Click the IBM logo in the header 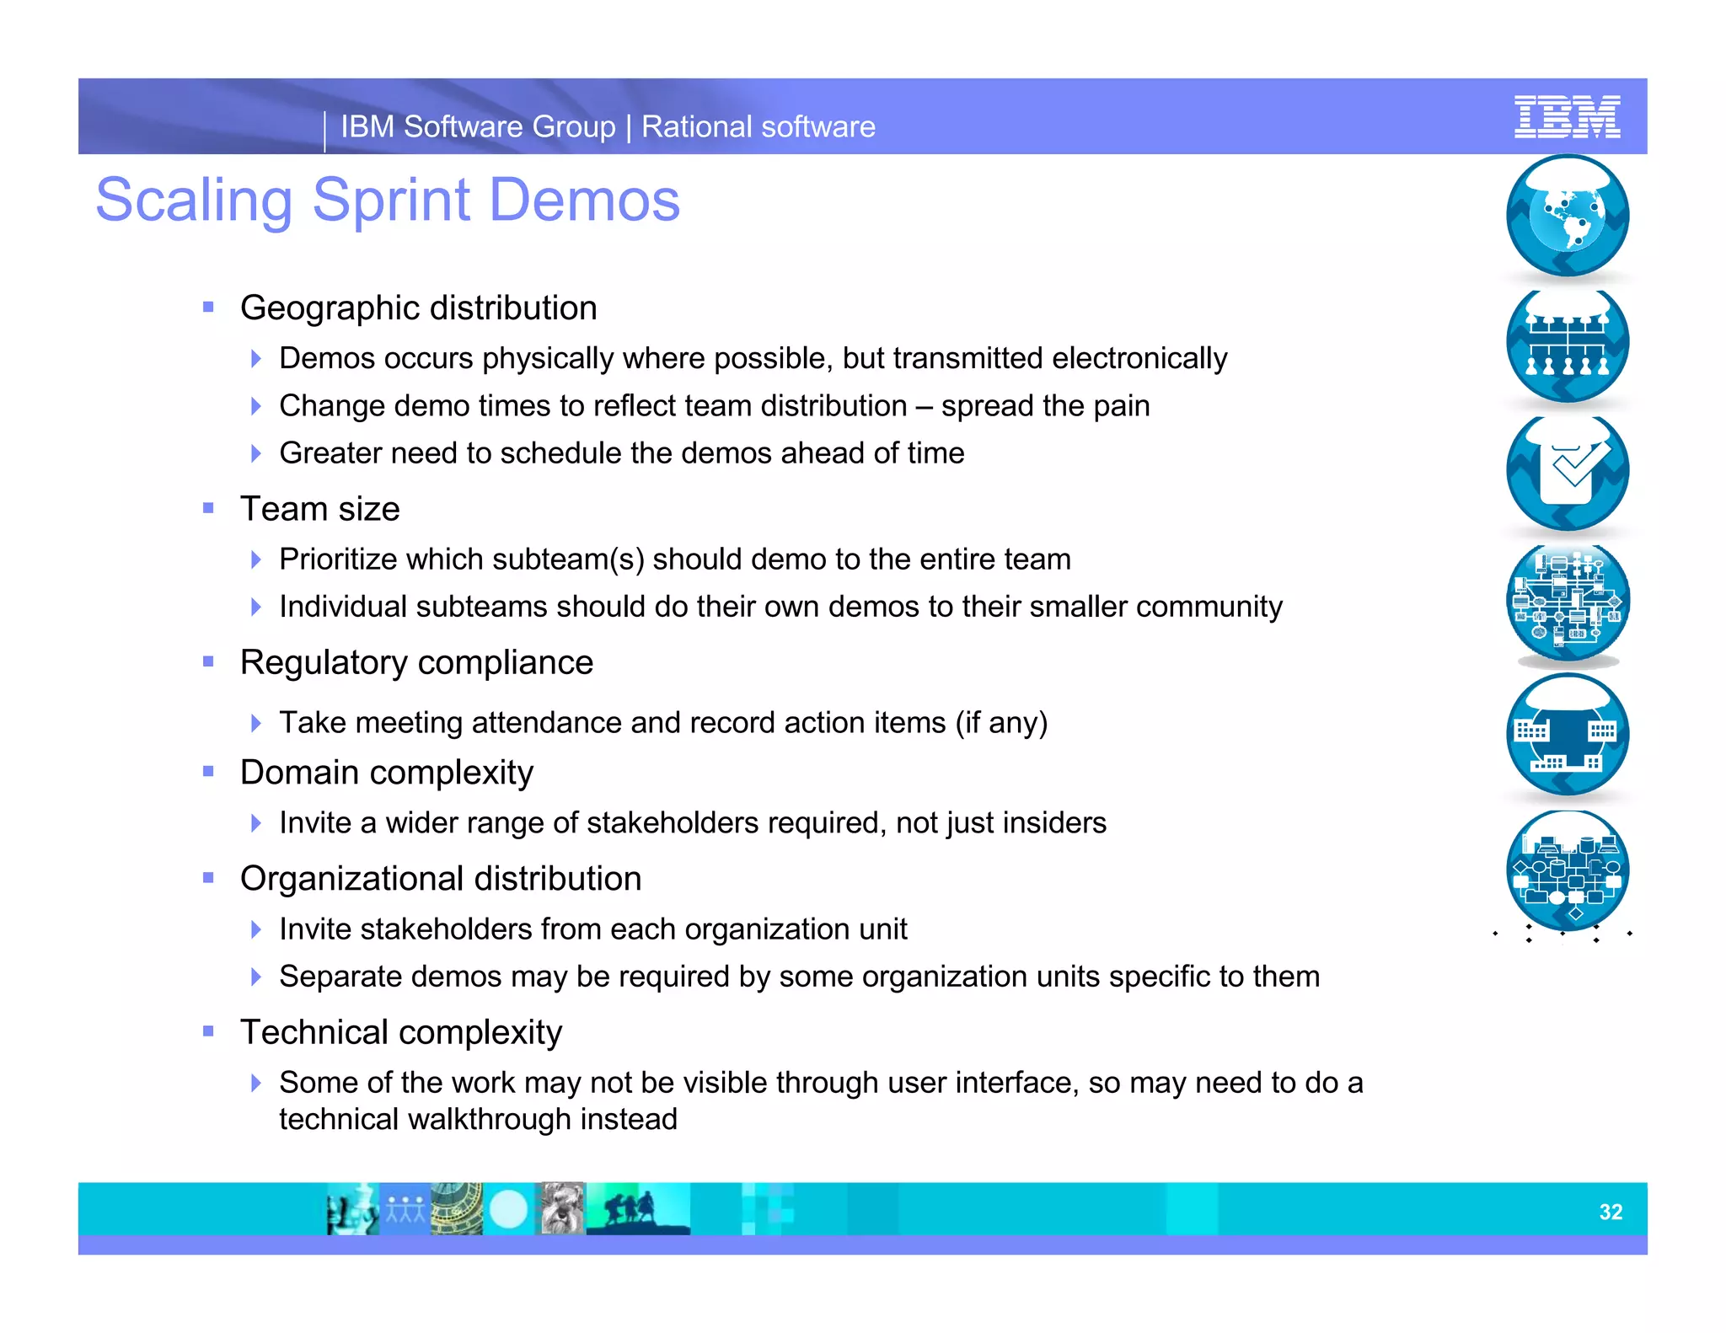(1567, 117)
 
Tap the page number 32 (1611, 1212)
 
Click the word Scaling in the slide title (193, 201)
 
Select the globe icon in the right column (1568, 216)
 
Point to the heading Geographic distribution (418, 308)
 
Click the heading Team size (319, 509)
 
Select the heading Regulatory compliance (416, 663)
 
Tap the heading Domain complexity (386, 773)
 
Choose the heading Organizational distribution (440, 879)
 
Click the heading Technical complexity (400, 1032)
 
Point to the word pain (1122, 406)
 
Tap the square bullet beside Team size (208, 508)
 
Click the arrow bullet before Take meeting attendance (256, 723)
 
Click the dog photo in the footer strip (560, 1208)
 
